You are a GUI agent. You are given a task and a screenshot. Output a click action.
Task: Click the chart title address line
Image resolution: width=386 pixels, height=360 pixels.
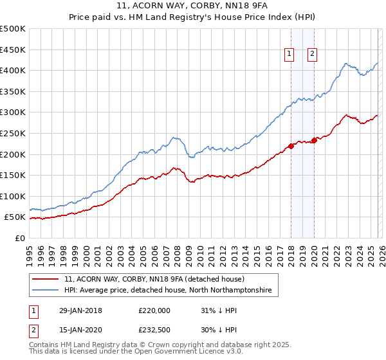click(193, 7)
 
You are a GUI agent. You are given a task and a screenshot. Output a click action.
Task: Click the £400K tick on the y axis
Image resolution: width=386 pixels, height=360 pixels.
click(13, 70)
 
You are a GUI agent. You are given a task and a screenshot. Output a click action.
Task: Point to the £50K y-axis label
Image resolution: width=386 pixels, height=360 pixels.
click(15, 217)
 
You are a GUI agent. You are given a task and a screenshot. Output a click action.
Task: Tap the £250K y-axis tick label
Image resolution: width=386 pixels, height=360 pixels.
click(13, 133)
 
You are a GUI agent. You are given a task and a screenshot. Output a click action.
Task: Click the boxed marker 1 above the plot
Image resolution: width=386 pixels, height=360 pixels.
click(289, 55)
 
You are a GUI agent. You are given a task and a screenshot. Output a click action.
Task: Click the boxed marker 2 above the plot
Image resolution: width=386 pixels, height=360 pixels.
click(312, 55)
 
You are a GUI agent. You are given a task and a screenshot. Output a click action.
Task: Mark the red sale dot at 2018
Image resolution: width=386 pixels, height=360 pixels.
click(291, 146)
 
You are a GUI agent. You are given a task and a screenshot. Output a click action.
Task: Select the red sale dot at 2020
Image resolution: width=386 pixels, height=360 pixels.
click(314, 140)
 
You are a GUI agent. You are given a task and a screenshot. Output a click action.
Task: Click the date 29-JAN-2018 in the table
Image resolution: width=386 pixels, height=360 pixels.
click(80, 310)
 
